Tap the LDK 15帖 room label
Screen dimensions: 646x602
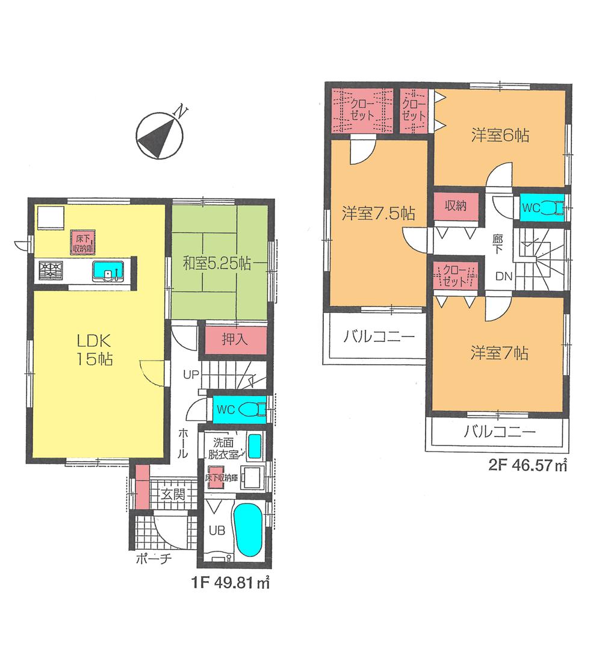click(92, 350)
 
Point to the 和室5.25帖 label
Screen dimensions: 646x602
click(217, 263)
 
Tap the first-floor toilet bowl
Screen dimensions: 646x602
click(253, 409)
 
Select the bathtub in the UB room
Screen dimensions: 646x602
click(248, 530)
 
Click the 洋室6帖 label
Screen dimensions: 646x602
click(500, 135)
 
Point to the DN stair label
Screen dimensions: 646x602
click(504, 276)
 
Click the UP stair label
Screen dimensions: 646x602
click(191, 374)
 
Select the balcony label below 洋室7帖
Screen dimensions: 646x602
click(499, 431)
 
